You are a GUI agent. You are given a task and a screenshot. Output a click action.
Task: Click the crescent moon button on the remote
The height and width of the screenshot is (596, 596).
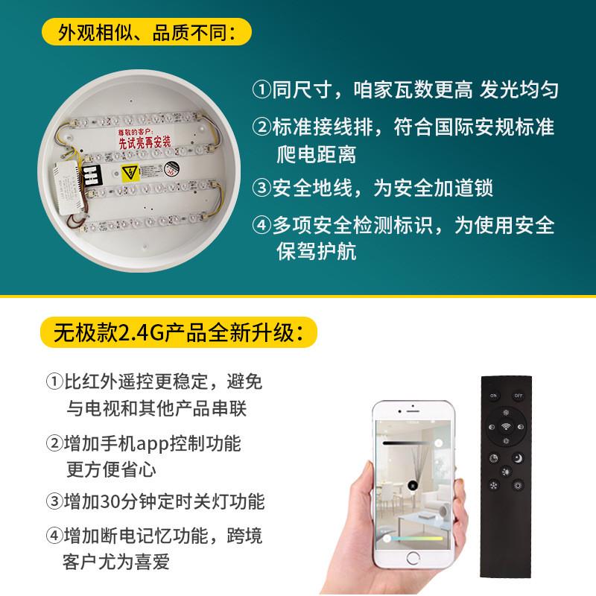click(519, 457)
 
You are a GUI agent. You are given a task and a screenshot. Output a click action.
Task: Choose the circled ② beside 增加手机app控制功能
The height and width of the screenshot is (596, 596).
click(54, 444)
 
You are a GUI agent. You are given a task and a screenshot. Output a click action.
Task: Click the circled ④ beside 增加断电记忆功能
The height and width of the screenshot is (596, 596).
click(54, 536)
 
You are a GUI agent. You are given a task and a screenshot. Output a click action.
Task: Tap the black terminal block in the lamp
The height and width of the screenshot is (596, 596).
click(92, 175)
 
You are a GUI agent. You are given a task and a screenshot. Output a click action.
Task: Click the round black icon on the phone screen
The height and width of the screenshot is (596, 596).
click(410, 486)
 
